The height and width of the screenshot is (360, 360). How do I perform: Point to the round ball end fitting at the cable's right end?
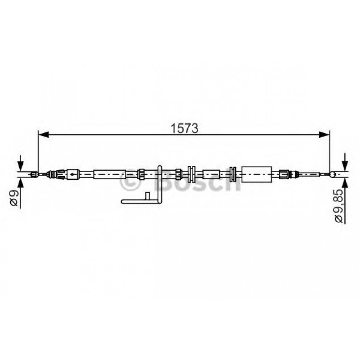click(x=332, y=174)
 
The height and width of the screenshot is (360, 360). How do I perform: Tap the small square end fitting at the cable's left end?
click(x=33, y=174)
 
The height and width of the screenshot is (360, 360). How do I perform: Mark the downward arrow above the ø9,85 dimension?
click(x=345, y=161)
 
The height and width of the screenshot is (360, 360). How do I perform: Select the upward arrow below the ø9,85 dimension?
click(x=345, y=185)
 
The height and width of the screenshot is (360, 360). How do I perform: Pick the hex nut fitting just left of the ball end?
click(x=284, y=174)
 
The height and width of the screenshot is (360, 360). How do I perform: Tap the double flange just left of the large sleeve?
click(x=233, y=174)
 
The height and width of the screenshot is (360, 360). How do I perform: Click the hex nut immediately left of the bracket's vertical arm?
click(x=141, y=174)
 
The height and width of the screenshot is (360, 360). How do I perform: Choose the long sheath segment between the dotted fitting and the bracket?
click(x=107, y=174)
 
